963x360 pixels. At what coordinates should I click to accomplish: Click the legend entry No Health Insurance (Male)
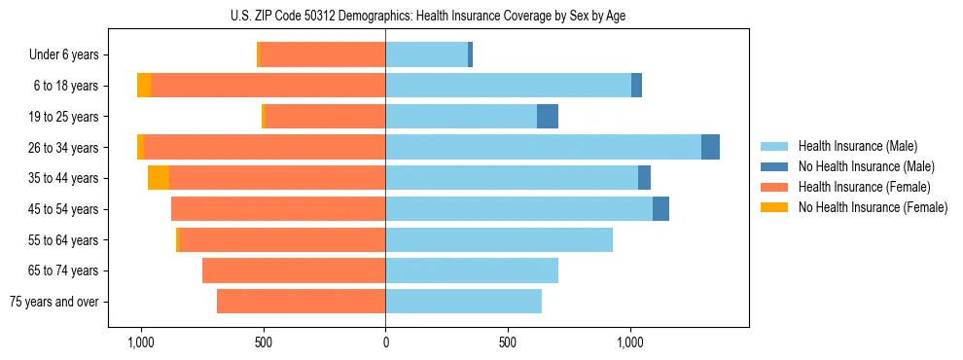tap(866, 166)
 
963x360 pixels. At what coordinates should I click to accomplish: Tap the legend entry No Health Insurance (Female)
tap(873, 207)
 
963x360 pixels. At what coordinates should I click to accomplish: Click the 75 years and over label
tap(54, 302)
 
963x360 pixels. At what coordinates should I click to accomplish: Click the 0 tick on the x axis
tap(385, 342)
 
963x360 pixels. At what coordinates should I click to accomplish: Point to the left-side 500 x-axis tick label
tap(263, 342)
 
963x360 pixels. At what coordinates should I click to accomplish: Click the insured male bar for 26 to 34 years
tap(543, 147)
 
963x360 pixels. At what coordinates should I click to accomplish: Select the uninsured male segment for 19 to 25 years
tap(548, 117)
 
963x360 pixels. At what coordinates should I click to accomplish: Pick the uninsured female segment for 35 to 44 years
tap(159, 178)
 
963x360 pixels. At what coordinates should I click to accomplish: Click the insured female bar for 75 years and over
tap(301, 302)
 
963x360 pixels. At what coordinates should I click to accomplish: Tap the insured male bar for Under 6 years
tap(426, 55)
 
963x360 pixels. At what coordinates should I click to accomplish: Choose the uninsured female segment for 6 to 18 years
tap(144, 86)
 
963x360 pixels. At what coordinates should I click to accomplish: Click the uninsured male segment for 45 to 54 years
tap(660, 209)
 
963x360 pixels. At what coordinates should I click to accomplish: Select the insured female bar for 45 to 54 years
tap(278, 209)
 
